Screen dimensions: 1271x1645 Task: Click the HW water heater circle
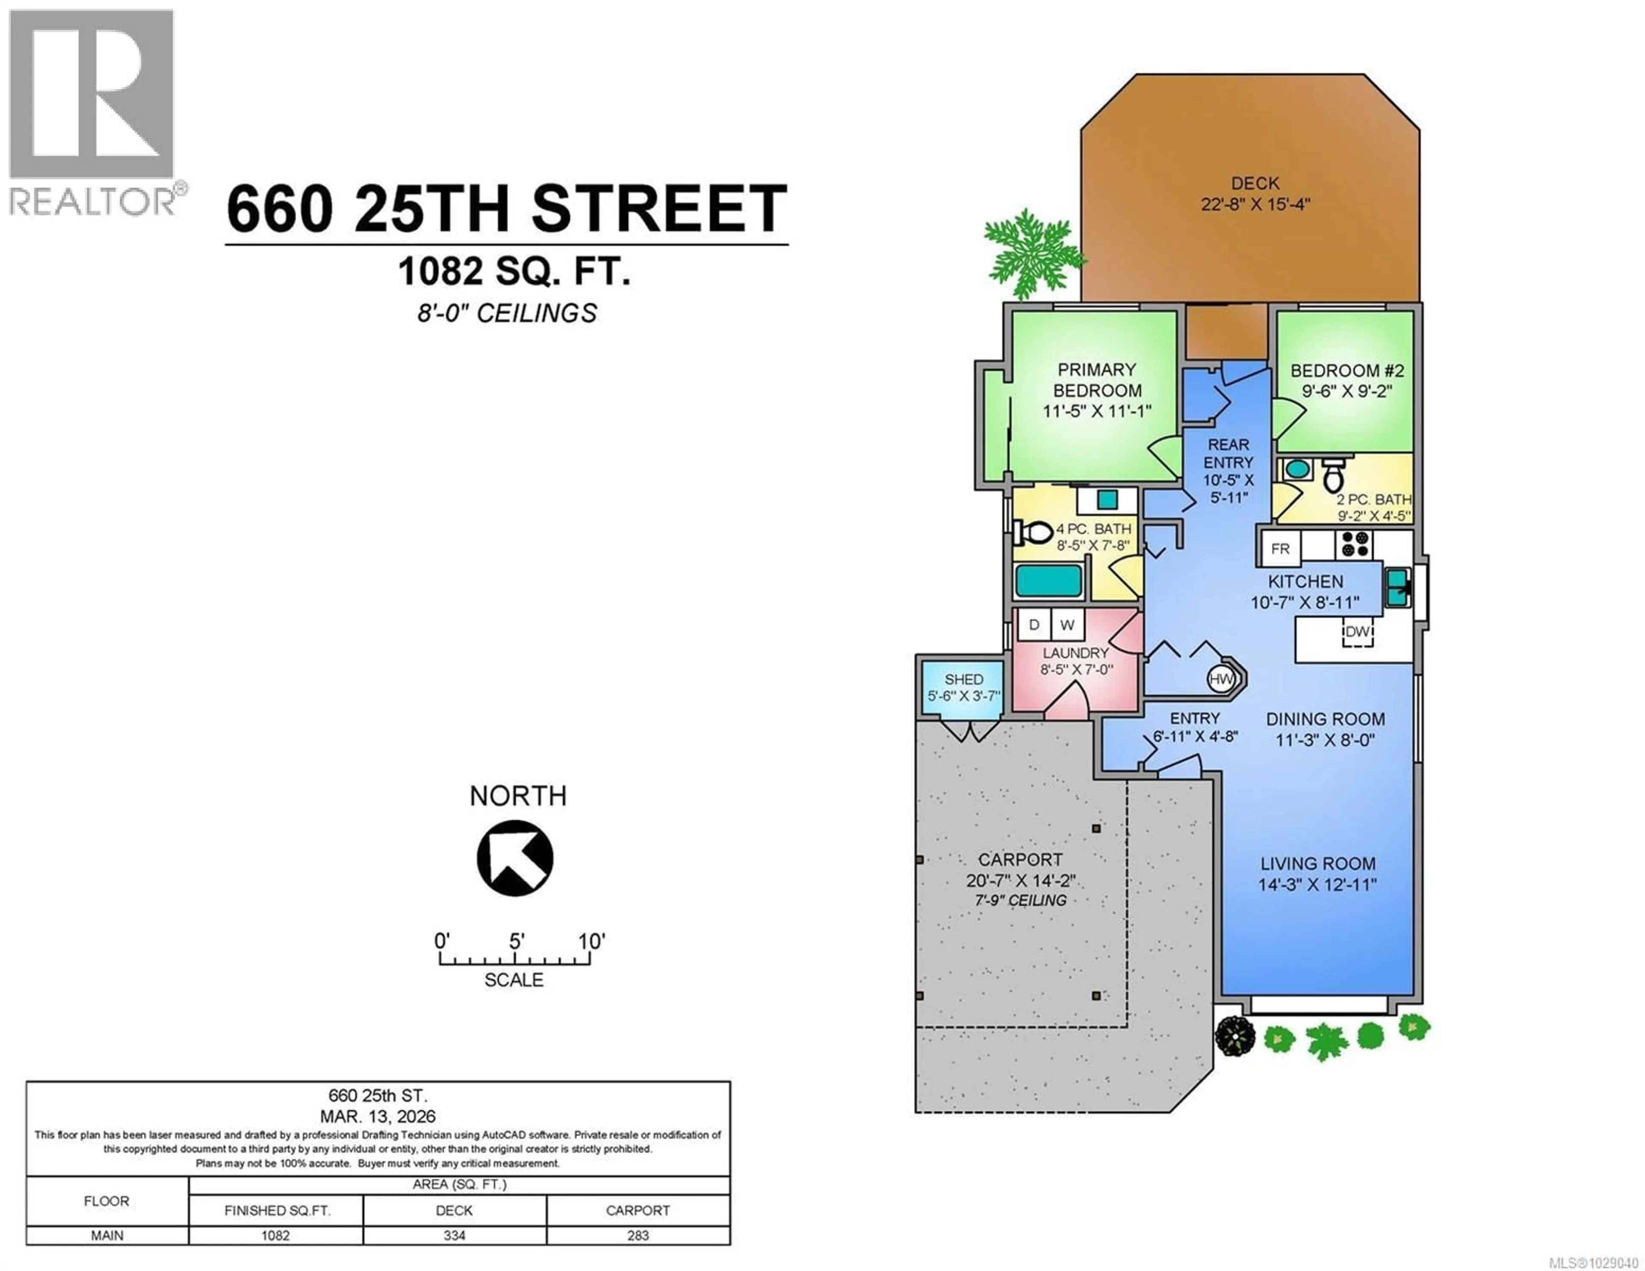1220,679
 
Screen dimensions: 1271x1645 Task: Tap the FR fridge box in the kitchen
1280,548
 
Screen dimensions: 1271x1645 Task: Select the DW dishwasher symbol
1357,631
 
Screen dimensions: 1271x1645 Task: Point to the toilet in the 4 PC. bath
1033,532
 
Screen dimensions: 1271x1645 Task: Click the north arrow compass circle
515,858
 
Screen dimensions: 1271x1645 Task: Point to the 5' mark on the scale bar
515,942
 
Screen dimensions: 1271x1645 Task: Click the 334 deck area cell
454,1235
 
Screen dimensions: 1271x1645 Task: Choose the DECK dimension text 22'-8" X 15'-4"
1256,204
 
